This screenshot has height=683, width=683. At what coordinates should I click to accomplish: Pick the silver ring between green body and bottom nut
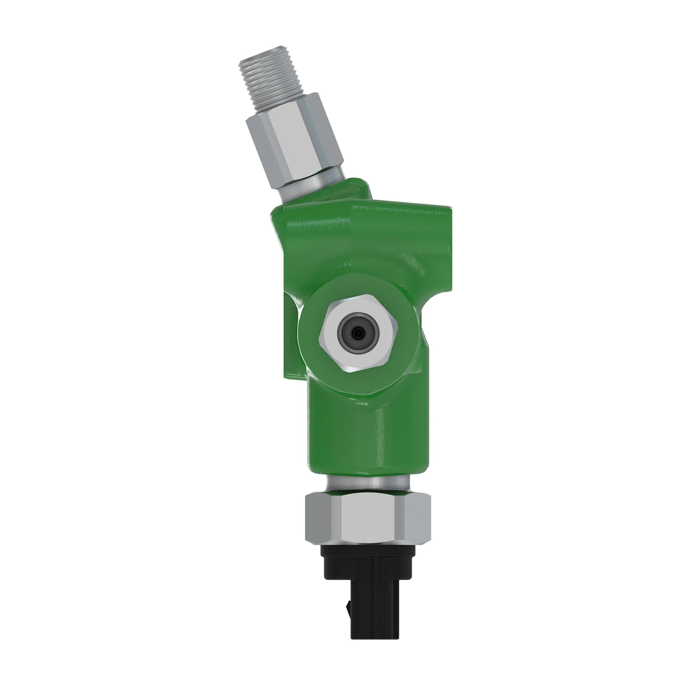367,483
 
